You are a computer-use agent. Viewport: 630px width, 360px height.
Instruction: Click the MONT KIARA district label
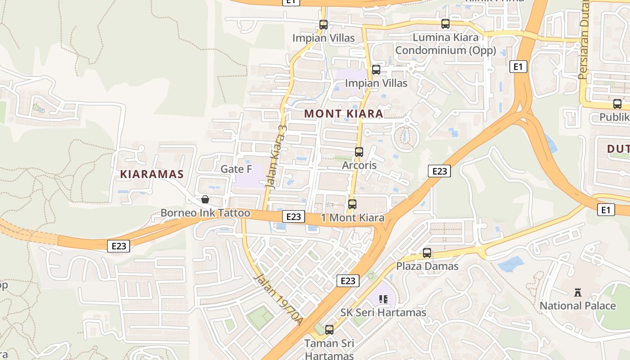[x=344, y=114]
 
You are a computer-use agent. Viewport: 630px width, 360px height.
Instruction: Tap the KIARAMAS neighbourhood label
[x=152, y=175]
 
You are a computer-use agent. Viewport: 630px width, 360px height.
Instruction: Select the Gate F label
[x=236, y=169]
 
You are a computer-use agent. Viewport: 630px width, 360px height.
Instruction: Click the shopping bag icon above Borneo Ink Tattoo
[x=205, y=199]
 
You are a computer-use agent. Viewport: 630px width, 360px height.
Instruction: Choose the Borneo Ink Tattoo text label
[x=205, y=213]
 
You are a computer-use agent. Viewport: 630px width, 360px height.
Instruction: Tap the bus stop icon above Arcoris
[x=359, y=152]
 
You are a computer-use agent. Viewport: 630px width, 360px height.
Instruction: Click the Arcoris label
[x=359, y=165]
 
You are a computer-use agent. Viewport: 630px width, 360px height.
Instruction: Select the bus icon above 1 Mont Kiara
[x=352, y=204]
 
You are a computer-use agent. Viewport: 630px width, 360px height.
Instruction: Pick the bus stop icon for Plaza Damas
[x=427, y=253]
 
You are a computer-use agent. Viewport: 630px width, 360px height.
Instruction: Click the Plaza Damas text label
[x=427, y=266]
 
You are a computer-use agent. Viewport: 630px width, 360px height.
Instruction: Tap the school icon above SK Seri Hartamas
[x=383, y=299]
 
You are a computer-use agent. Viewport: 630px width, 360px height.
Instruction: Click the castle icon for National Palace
[x=578, y=293]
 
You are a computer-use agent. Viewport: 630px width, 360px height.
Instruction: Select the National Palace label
[x=578, y=306]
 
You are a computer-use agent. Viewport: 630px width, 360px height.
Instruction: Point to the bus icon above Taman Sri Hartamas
[x=329, y=330]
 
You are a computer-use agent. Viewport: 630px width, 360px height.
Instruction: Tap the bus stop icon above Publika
[x=617, y=104]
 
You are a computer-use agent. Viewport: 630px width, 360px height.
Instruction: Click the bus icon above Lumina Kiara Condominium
[x=445, y=24]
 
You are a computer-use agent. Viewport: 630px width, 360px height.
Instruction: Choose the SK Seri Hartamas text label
[x=383, y=312]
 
